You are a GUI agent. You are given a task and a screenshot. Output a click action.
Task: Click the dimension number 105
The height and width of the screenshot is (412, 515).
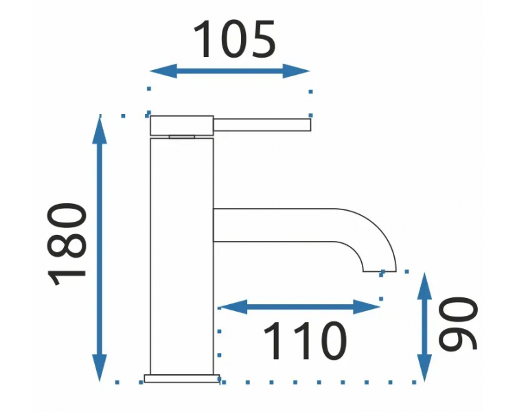(235, 39)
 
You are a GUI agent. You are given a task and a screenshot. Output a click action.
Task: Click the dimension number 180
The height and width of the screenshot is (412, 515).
(67, 244)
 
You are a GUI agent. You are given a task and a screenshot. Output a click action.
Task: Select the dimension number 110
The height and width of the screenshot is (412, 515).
(305, 340)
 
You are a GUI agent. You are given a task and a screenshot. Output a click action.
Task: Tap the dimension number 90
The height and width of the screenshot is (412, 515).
(458, 323)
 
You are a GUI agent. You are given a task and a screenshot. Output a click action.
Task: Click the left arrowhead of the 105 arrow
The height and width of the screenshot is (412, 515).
(163, 71)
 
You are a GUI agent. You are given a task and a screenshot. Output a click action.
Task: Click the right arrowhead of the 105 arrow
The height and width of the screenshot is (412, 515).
(296, 71)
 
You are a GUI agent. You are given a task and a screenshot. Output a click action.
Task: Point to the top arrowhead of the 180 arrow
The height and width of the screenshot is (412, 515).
(100, 129)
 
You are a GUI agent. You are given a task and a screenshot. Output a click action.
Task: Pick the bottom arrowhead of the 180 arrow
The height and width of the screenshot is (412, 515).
(100, 367)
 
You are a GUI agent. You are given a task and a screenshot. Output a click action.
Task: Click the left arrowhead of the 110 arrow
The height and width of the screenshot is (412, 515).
(233, 307)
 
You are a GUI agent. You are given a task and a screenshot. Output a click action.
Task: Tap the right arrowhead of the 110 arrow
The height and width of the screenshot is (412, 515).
(367, 307)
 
